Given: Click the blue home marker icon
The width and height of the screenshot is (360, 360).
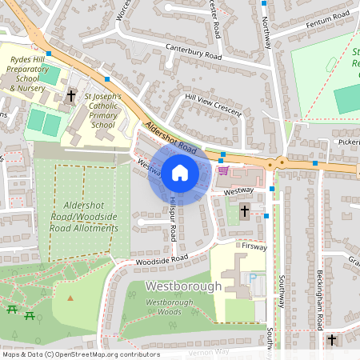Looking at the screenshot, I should coord(180,173).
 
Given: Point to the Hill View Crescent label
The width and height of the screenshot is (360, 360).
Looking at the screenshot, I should coord(212,105).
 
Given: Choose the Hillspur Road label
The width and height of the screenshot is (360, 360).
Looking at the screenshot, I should coord(173,219).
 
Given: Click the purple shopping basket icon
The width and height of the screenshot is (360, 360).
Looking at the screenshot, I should coord(222,170).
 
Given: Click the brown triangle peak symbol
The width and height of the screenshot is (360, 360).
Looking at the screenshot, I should coord(70,298).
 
